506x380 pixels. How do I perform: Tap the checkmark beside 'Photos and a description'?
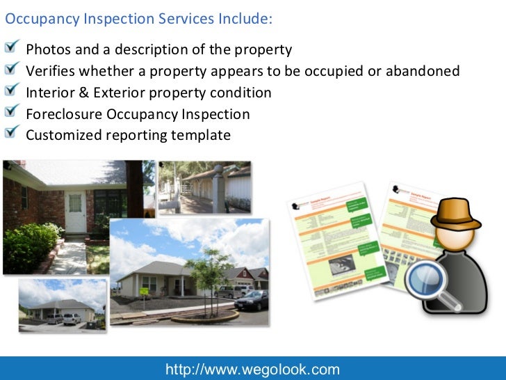13,48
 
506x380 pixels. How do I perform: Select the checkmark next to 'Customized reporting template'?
13,133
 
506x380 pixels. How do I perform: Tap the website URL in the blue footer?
252,370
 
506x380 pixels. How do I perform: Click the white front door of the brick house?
74,212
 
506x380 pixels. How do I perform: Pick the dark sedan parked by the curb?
252,300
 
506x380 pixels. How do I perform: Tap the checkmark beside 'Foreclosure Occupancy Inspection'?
13,112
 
